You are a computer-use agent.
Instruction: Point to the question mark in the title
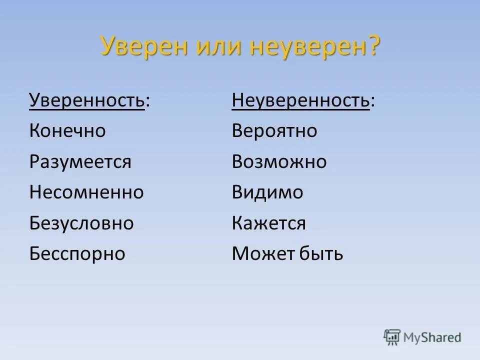pyautogui.click(x=372, y=46)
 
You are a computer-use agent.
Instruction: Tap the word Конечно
pyautogui.click(x=67, y=131)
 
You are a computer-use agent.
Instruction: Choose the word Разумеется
pyautogui.click(x=80, y=162)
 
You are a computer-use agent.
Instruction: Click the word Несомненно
pyautogui.click(x=86, y=192)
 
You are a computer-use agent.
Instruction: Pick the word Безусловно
pyautogui.click(x=81, y=223)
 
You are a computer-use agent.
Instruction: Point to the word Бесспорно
pyautogui.click(x=77, y=253)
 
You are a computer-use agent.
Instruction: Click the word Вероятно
pyautogui.click(x=274, y=131)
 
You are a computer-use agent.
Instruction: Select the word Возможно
pyautogui.click(x=279, y=162)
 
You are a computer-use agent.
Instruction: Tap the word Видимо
pyautogui.click(x=267, y=192)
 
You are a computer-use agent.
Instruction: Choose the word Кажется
pyautogui.click(x=269, y=223)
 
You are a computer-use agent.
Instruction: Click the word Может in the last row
pyautogui.click(x=262, y=253)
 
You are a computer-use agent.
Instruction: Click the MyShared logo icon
pyautogui.click(x=392, y=337)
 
